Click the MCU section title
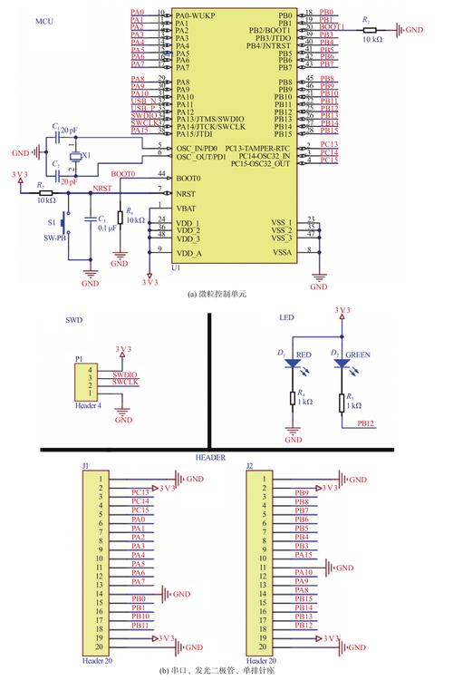click(x=43, y=19)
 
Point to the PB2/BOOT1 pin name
click(x=269, y=31)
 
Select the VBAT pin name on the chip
click(x=188, y=207)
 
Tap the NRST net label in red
click(x=103, y=189)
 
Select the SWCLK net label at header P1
click(x=125, y=383)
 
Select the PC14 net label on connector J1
click(x=140, y=500)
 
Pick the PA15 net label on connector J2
click(x=304, y=555)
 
